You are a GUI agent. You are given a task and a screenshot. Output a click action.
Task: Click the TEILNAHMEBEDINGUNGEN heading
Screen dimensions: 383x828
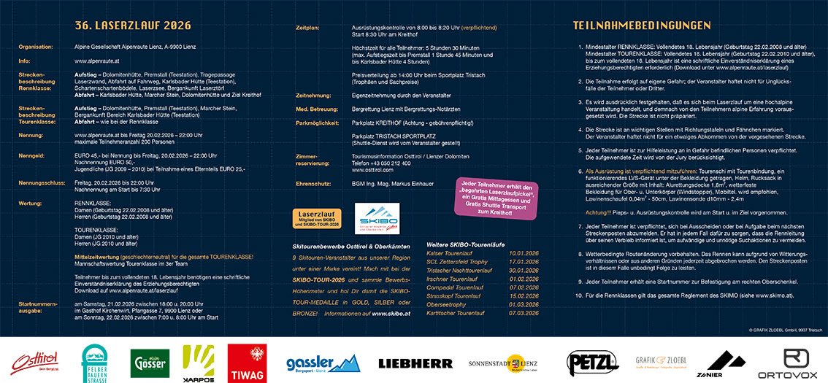pos(641,26)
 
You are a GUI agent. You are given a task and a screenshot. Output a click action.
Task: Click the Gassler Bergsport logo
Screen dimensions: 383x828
pos(323,363)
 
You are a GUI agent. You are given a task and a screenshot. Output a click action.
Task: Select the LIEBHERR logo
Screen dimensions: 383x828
pos(415,363)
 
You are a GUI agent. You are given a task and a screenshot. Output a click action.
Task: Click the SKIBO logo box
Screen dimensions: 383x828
pos(377,218)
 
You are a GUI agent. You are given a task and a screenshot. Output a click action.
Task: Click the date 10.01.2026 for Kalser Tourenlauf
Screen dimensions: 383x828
pos(523,252)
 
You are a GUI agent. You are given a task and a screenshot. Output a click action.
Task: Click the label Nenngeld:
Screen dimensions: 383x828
pos(34,155)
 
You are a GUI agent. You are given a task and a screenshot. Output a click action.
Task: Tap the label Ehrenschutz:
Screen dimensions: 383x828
pos(313,183)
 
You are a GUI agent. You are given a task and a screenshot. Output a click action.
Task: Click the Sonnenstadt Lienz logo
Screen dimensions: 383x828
pos(503,363)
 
